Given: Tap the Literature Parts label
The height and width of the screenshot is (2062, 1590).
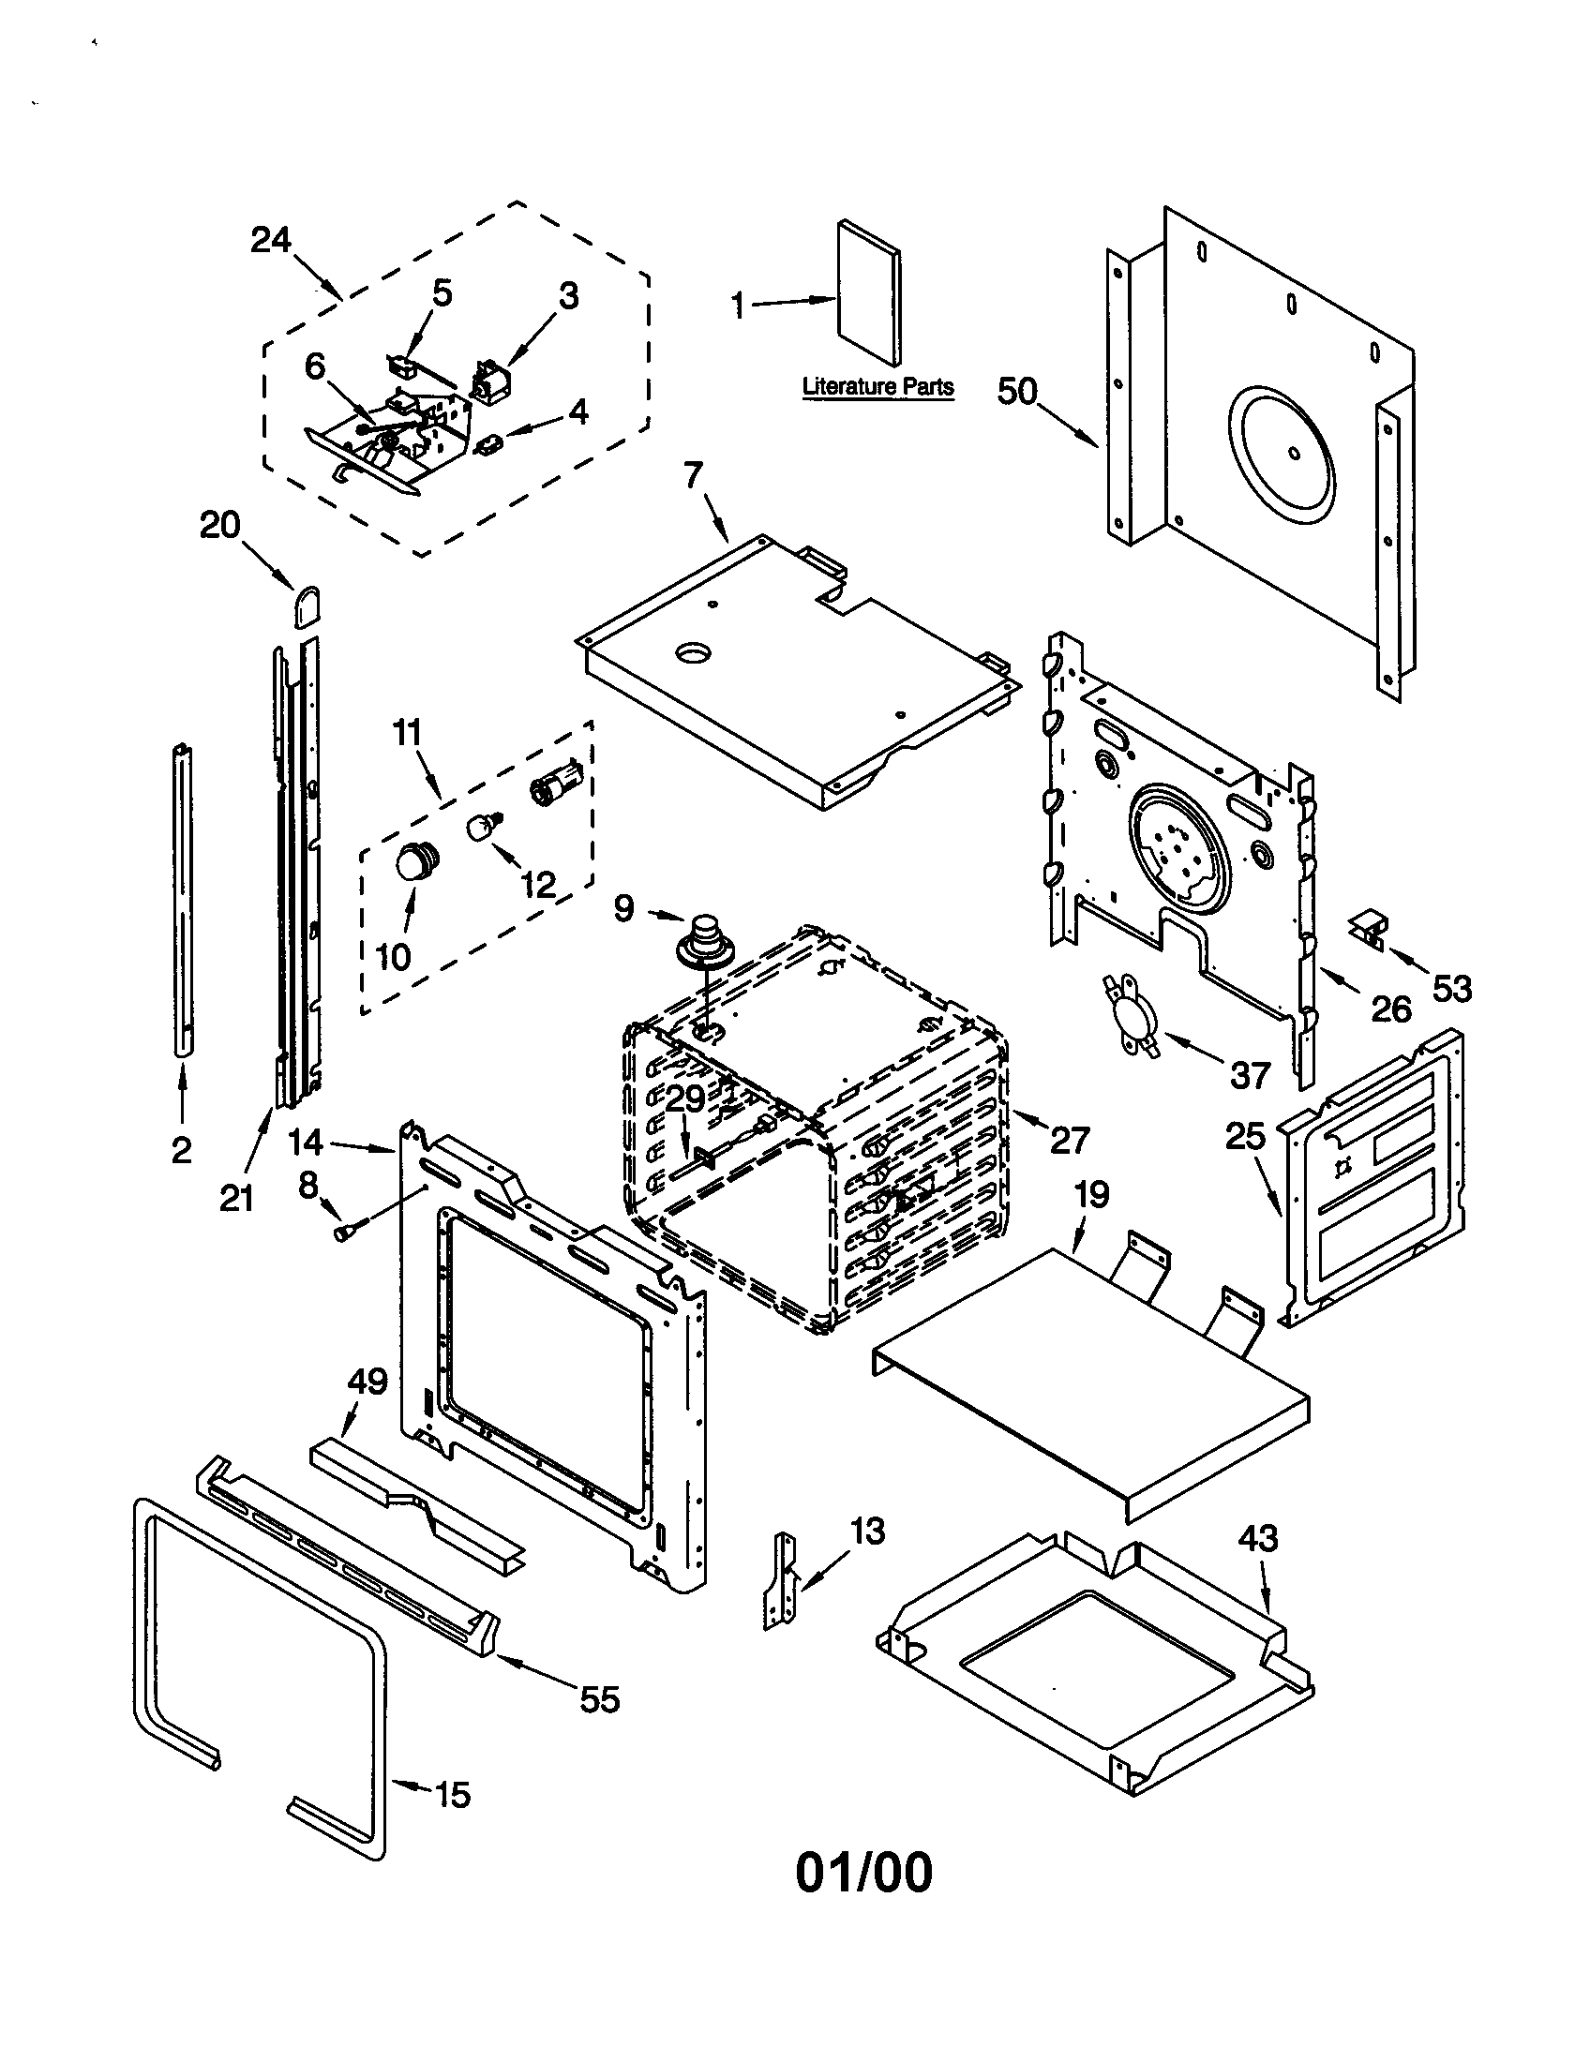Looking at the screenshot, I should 877,386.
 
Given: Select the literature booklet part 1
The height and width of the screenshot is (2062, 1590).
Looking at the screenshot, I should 870,292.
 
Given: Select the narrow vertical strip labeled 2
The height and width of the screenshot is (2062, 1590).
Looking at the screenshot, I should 183,897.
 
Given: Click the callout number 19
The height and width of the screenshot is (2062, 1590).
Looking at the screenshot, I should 1091,1195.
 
